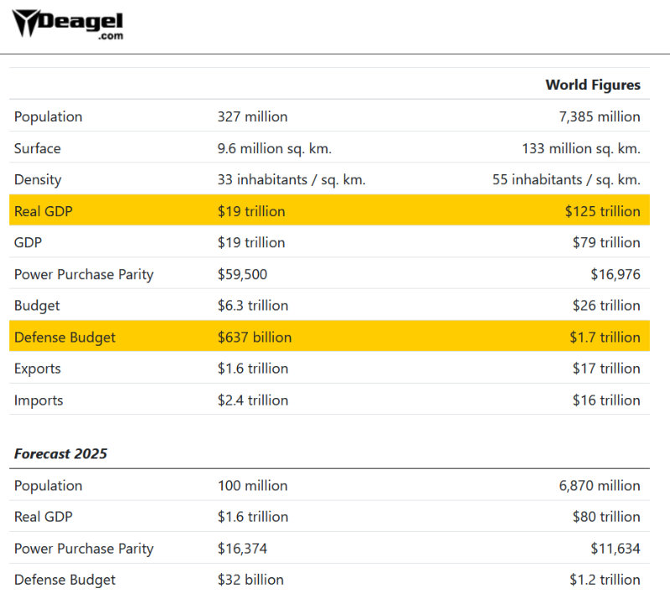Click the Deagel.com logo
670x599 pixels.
tap(66, 24)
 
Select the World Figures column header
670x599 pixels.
tap(592, 85)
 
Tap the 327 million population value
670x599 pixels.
tap(252, 116)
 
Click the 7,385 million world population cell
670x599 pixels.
tap(600, 116)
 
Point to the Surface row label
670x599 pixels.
tap(38, 148)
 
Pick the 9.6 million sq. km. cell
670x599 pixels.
tap(275, 148)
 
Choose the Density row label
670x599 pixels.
tap(38, 179)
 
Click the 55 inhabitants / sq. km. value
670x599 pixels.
tap(566, 179)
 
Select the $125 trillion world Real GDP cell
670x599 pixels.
tap(602, 211)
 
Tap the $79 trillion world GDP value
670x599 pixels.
tap(606, 242)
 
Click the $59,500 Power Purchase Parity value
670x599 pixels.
tap(242, 274)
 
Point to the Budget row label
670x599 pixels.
tap(37, 305)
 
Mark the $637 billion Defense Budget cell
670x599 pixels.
tap(255, 338)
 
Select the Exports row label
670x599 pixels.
tap(38, 369)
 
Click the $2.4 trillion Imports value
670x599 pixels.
tap(253, 400)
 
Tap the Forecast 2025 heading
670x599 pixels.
tap(60, 453)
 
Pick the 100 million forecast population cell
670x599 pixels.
tap(252, 486)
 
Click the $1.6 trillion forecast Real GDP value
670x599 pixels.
tap(253, 517)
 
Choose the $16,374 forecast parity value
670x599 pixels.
tap(242, 549)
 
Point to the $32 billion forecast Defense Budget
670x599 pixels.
tap(250, 580)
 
